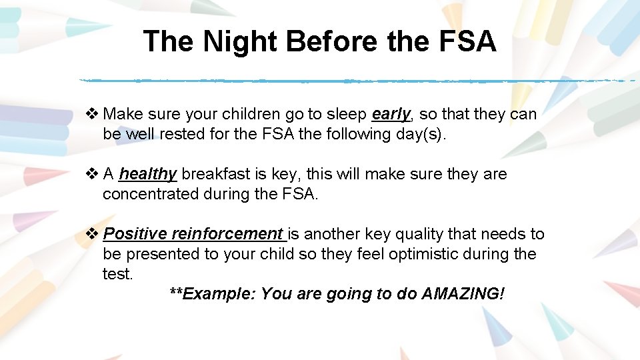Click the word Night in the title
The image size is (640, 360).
click(x=241, y=41)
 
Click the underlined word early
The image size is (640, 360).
click(x=391, y=114)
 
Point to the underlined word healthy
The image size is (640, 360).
click(x=147, y=174)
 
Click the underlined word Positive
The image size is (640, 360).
click(x=136, y=234)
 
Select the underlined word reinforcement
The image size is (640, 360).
click(x=227, y=234)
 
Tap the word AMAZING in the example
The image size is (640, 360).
click(x=463, y=294)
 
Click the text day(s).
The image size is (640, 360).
click(x=429, y=134)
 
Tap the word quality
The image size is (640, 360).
click(x=422, y=234)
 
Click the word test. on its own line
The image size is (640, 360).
click(x=118, y=274)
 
